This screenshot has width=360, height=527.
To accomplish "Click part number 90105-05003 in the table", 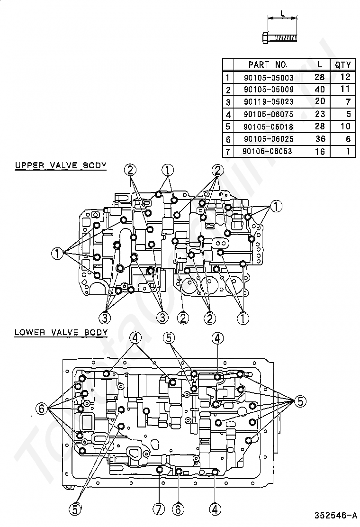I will pos(269,77).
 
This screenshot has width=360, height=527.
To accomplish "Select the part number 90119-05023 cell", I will pos(269,102).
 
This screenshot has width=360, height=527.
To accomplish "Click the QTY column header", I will pos(342,65).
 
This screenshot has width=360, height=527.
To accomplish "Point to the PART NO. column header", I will pos(268,65).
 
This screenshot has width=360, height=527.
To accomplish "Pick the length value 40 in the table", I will pos(320,90).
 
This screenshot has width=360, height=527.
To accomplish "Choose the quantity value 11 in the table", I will pos(344,90).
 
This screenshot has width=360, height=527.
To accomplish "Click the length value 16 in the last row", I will pos(320,151).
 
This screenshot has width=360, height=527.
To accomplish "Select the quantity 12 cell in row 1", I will pos(344,77).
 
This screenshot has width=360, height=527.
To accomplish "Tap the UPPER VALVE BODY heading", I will pos(60,165).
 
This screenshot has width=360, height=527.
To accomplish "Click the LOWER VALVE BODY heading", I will pos(61,332).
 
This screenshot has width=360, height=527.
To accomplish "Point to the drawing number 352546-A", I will pos(334,515).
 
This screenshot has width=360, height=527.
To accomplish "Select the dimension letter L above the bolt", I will pos(282,14).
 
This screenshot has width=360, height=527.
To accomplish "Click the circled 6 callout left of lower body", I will pos(42,408).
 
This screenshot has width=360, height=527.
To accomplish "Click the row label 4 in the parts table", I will pos(228,114).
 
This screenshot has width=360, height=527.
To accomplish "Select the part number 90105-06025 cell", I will pos(269,139).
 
